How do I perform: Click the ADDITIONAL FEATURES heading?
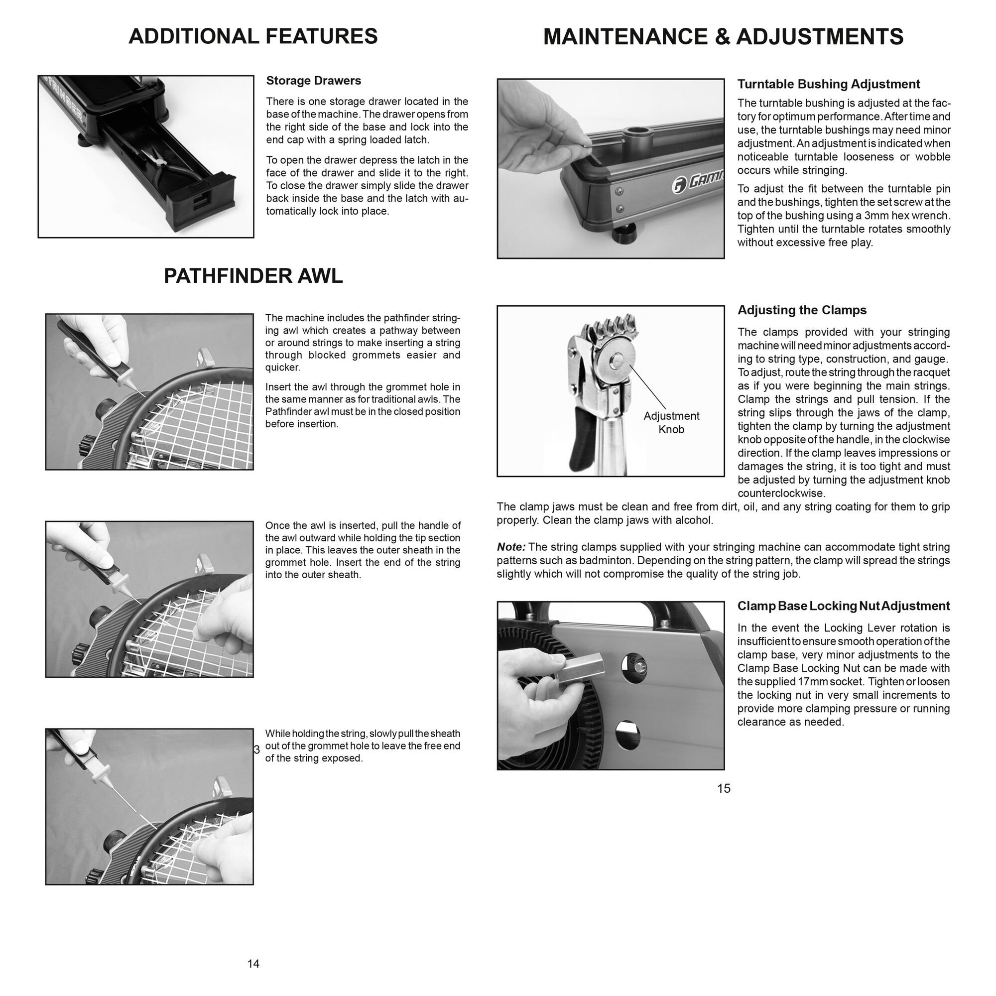click(252, 36)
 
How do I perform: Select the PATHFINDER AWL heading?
click(252, 276)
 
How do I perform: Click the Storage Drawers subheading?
click(313, 81)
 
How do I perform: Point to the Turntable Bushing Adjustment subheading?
click(828, 84)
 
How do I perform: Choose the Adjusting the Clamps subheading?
click(802, 310)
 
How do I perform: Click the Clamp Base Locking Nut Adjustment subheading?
click(843, 606)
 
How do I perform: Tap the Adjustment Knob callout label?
click(671, 422)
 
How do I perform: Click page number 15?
click(723, 788)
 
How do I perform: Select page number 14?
click(253, 964)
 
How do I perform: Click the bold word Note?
click(511, 547)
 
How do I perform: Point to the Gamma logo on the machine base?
click(699, 182)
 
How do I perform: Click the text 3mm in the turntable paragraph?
click(867, 216)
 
